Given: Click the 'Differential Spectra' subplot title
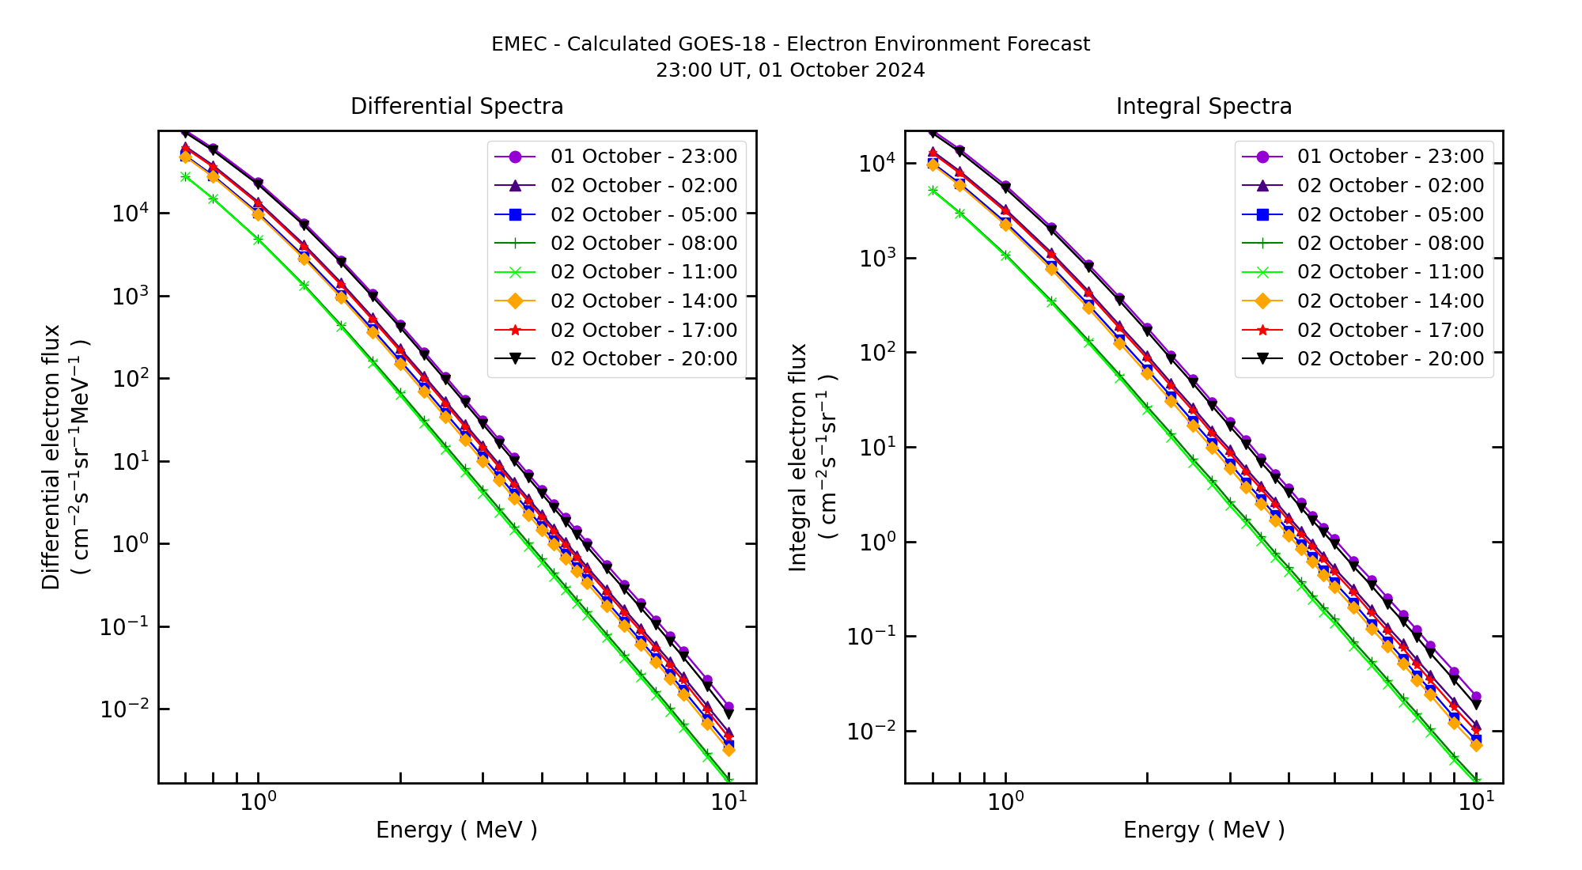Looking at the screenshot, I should [x=456, y=107].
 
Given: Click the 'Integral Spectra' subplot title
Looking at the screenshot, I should [x=1203, y=107].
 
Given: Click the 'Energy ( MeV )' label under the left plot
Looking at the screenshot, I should [x=456, y=830].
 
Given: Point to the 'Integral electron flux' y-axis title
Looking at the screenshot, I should [x=798, y=457].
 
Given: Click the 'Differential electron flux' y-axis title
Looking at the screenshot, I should [x=51, y=457].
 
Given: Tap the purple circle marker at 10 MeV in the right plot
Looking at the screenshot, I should [x=1476, y=697].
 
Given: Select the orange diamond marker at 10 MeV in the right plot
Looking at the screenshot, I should [x=1476, y=745].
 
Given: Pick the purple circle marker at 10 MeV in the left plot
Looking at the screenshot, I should [x=729, y=707].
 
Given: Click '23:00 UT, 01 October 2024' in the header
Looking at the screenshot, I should [x=790, y=70].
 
